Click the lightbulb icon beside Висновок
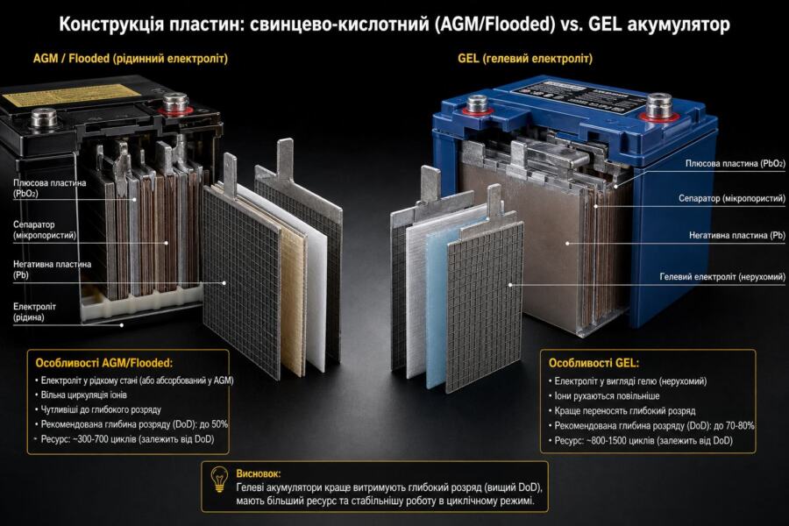219,480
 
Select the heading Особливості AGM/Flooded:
103,363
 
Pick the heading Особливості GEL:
594,363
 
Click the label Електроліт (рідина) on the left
34,311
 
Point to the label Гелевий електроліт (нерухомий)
722,277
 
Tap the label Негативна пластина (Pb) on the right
737,235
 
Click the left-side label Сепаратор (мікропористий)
45,230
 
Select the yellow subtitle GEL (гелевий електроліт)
525,59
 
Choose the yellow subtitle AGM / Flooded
71,59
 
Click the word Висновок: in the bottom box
258,473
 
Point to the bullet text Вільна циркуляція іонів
83,395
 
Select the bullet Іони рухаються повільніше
607,396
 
